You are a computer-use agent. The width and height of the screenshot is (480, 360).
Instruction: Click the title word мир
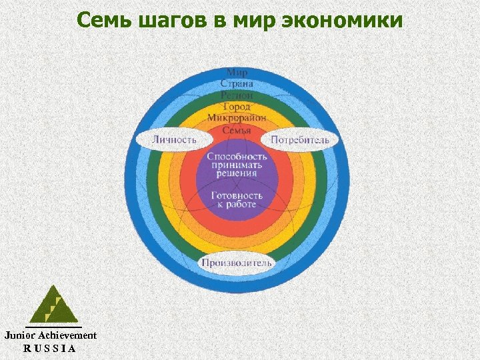coord(255,20)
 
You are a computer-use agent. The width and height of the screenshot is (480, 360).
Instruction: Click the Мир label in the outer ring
coord(237,72)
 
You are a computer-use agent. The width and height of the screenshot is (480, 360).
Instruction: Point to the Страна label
coord(237,83)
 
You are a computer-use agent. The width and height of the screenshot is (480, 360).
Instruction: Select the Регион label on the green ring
coord(237,95)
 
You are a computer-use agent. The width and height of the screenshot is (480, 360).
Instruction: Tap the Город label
coord(237,107)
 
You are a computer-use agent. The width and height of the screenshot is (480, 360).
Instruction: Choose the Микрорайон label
coord(237,118)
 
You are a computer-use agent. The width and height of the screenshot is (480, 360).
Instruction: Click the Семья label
coord(237,130)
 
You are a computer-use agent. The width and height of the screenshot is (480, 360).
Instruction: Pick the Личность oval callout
coord(174,140)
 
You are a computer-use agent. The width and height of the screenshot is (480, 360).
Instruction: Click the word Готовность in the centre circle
coord(237,195)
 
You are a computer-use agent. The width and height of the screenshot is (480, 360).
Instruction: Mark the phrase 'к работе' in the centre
coord(237,205)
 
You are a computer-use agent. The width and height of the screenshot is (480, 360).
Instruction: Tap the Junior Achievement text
coord(51,335)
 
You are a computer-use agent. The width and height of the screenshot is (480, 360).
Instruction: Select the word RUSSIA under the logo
coord(50,348)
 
